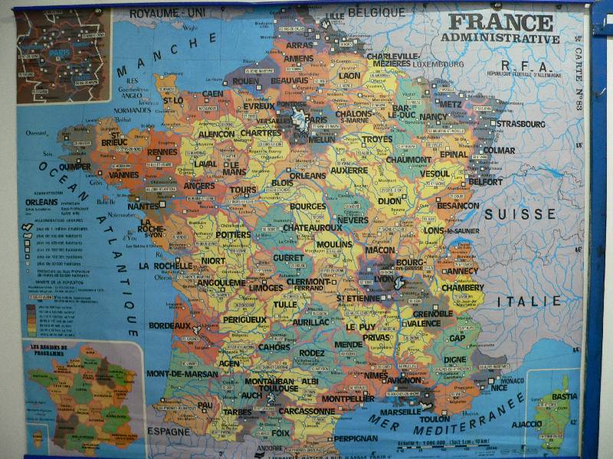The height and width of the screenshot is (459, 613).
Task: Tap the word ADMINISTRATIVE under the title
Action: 500,38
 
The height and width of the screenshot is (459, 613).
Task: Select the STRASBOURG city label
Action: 521,123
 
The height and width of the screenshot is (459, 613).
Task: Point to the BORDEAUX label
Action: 169,325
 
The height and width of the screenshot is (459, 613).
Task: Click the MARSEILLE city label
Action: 400,412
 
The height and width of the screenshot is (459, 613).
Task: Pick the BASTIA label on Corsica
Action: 564,396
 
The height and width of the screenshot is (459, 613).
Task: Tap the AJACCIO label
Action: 526,424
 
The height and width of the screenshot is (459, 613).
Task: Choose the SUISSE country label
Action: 520,214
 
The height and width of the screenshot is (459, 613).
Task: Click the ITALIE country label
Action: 529,301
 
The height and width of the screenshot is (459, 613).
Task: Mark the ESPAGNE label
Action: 168,431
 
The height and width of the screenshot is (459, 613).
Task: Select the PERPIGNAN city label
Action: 356,438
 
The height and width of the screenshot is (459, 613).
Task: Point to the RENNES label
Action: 162,152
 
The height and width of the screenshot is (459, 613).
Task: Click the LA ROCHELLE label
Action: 166,265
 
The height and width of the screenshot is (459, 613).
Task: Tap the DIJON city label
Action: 389,200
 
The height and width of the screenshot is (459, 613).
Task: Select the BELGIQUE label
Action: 376,12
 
